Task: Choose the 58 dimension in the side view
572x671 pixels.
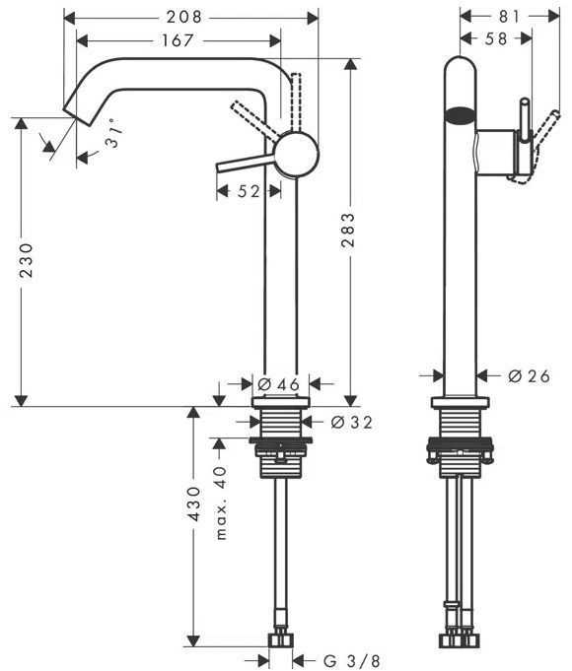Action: coord(496,39)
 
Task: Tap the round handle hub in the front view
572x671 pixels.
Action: coord(296,155)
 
